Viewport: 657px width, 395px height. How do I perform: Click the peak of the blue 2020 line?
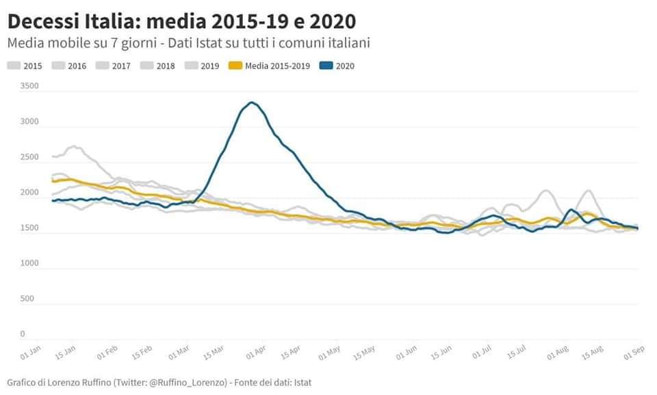[x=252, y=103]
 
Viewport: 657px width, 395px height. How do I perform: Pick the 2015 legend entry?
[x=25, y=66]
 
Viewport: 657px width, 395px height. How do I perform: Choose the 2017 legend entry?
[x=114, y=66]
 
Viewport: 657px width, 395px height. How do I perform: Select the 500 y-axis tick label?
[x=28, y=299]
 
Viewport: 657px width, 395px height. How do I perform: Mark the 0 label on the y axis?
[x=23, y=334]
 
